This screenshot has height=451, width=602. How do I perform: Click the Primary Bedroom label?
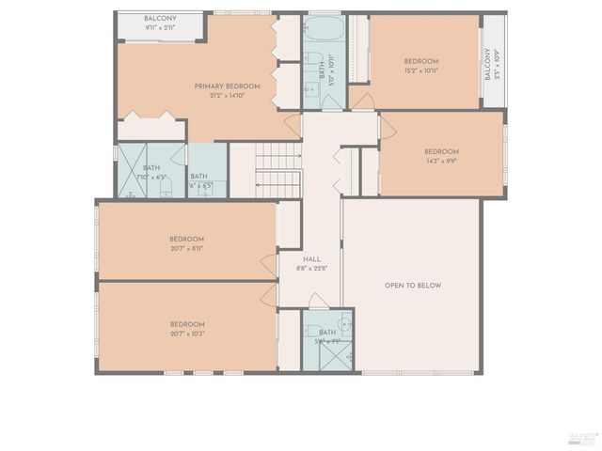point(227,86)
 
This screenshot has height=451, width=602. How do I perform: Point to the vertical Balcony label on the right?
point(487,63)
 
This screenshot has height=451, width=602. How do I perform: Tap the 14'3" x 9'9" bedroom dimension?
point(440,161)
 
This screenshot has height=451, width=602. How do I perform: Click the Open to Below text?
point(412,286)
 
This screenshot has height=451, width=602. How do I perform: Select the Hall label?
point(311,259)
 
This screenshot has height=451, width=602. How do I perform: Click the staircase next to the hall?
point(277,169)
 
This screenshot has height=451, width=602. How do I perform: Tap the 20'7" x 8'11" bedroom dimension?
point(186,249)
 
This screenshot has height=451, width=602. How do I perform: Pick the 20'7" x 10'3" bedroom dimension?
point(186,334)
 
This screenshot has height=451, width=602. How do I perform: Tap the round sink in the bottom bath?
point(344,324)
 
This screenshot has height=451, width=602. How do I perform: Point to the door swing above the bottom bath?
point(319,301)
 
